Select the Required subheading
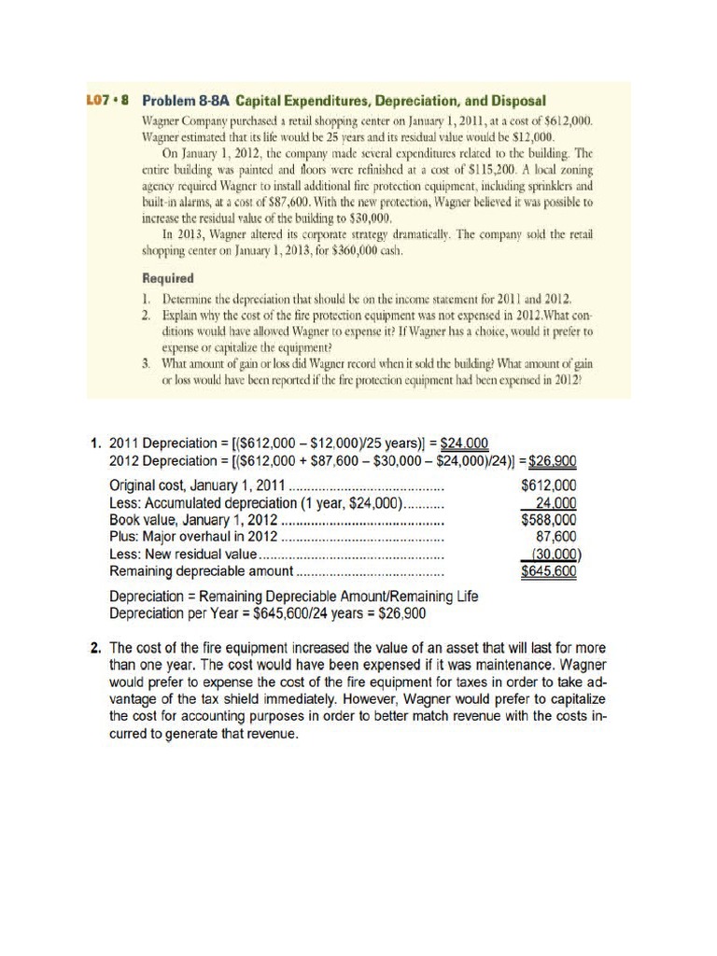tap(167, 278)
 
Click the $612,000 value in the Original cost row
tap(548, 485)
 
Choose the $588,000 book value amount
tap(548, 519)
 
